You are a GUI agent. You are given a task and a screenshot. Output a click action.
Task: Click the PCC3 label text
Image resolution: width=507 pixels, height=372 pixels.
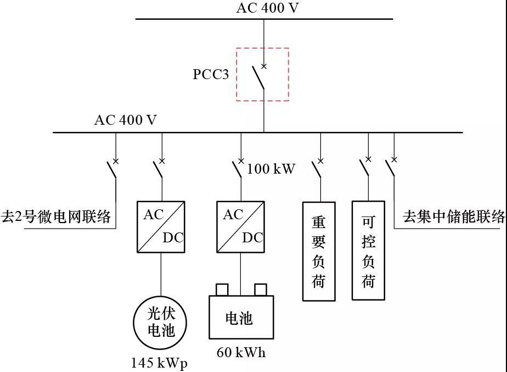pos(211,74)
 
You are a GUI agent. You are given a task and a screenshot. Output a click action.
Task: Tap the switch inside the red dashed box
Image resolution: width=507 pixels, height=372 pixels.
pos(259,77)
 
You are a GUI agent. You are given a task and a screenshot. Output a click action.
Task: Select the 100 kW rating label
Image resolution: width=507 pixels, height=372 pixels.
pos(271,169)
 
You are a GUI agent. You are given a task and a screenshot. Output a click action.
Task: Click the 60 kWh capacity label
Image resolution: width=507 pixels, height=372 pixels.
pos(241,353)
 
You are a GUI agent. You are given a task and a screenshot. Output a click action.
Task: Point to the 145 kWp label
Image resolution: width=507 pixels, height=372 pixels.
pos(159,363)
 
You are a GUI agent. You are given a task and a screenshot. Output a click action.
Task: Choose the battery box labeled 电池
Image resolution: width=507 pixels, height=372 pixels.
pos(241,318)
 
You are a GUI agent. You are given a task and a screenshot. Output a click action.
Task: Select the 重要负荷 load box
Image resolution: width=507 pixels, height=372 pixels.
pos(319,251)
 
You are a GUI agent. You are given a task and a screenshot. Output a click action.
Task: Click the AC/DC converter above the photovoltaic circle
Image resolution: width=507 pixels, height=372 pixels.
pos(161,226)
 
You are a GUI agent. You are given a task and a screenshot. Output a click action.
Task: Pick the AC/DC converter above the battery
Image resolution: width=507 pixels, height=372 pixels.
pos(240,226)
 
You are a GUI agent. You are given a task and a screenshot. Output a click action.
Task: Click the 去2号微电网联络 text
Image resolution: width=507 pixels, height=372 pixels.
pos(56,216)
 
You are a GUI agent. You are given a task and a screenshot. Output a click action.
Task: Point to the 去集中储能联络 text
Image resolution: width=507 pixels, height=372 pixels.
pos(454,216)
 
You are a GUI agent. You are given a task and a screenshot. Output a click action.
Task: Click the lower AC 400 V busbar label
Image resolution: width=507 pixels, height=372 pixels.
pos(126,120)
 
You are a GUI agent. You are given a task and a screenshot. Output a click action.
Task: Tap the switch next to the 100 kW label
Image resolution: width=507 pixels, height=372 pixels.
pos(238,168)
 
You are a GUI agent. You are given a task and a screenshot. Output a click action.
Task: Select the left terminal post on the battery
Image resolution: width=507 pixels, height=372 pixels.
pos(222,289)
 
